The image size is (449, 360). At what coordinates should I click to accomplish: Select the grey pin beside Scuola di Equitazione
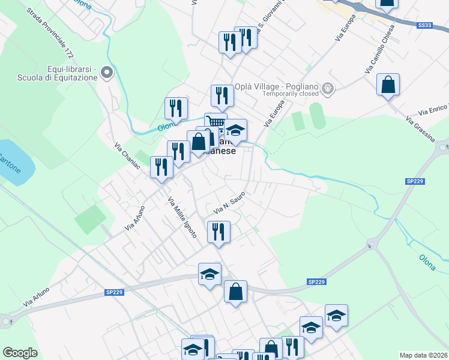[x=107, y=73]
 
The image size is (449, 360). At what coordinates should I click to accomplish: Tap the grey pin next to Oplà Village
[x=328, y=89]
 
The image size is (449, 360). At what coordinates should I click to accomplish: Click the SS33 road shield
[x=424, y=25]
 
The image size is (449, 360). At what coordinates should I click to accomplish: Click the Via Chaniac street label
[x=127, y=155]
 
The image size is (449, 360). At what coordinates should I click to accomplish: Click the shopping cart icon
[x=215, y=122]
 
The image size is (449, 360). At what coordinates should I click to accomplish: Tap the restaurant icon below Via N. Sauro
[x=218, y=232]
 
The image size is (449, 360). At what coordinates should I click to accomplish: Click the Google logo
[x=20, y=353]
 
